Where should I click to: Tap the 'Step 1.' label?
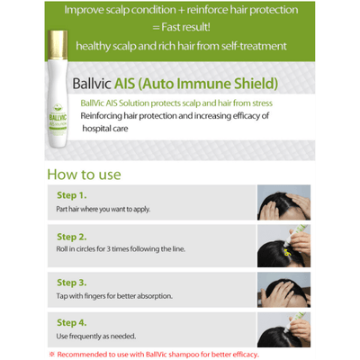[x=71, y=194]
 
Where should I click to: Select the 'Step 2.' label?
[x=71, y=237]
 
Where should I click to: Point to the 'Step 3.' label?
[x=71, y=281]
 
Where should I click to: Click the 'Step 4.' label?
[x=71, y=321]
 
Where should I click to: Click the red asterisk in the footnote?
[x=52, y=354]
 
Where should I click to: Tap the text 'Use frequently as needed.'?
[x=91, y=337]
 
